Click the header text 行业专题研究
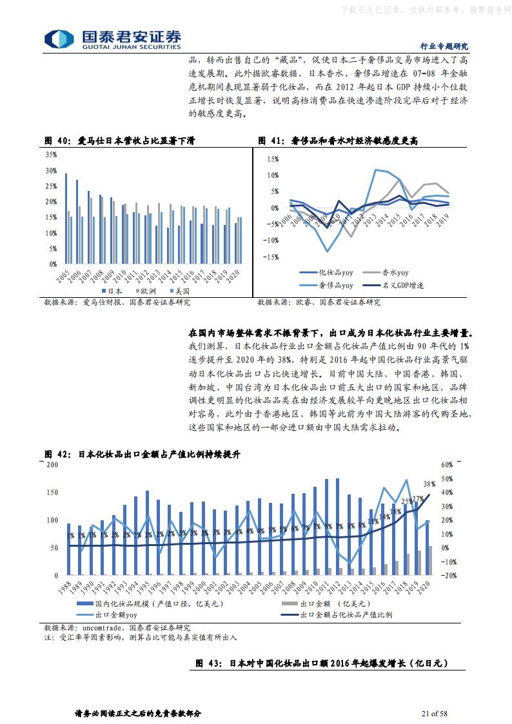pyautogui.click(x=444, y=46)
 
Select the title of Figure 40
pyautogui.click(x=119, y=141)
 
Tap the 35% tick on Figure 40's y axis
pyautogui.click(x=51, y=155)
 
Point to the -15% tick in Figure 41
pyautogui.click(x=271, y=257)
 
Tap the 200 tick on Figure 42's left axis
pyautogui.click(x=53, y=465)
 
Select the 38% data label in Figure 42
pyautogui.click(x=429, y=484)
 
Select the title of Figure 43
pyautogui.click(x=321, y=663)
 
